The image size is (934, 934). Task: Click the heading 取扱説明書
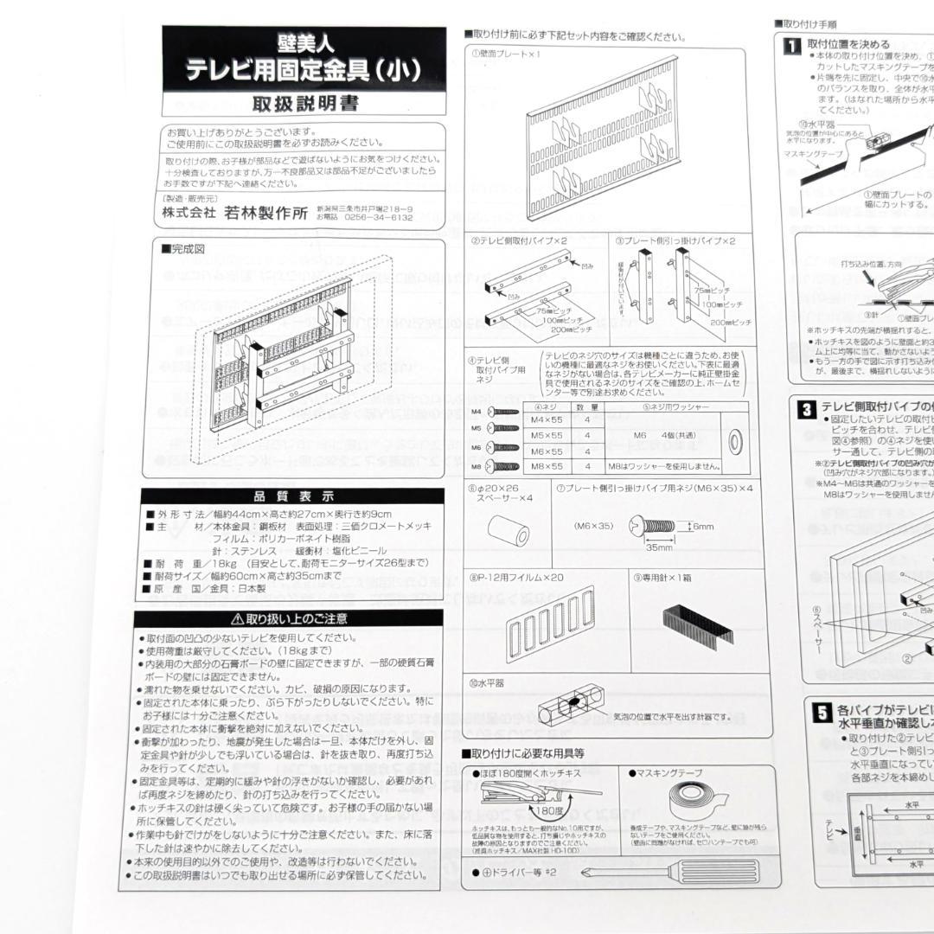(x=305, y=105)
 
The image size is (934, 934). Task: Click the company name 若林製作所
(x=265, y=214)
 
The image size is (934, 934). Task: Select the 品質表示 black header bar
(x=293, y=496)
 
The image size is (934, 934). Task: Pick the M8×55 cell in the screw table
(x=547, y=466)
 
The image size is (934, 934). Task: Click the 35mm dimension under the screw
(x=658, y=547)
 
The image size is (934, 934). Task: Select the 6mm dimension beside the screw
(x=701, y=525)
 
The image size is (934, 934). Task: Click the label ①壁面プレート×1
(x=506, y=54)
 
